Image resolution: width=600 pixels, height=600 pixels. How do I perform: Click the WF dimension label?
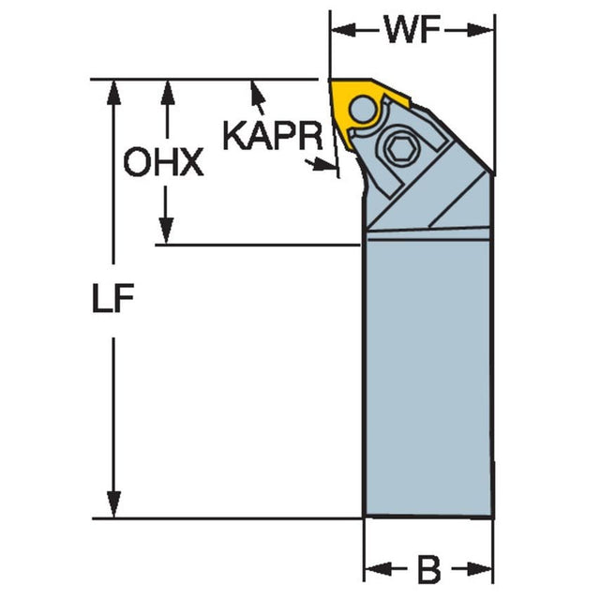[x=412, y=30]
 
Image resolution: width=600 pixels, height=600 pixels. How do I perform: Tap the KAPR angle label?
[x=273, y=136]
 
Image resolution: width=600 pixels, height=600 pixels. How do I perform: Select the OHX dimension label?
[x=163, y=162]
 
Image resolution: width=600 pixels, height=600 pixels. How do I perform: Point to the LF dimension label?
[x=112, y=298]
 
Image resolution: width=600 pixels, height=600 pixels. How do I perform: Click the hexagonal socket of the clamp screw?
[x=398, y=147]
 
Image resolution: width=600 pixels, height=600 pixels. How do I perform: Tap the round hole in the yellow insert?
[x=363, y=109]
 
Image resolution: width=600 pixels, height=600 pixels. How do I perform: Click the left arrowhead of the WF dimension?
[x=343, y=31]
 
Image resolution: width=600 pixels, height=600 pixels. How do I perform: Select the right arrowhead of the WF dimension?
[x=481, y=31]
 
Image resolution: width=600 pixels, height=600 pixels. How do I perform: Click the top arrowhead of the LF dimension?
[x=113, y=92]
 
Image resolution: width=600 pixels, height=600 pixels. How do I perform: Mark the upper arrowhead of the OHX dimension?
[x=167, y=92]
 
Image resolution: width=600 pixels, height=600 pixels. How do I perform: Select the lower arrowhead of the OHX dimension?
[x=166, y=232]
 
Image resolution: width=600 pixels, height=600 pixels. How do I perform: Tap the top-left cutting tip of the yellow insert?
[x=330, y=81]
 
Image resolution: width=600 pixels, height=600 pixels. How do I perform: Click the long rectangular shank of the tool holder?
[x=427, y=377]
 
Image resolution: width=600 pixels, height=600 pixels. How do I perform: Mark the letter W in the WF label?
[x=400, y=30]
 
